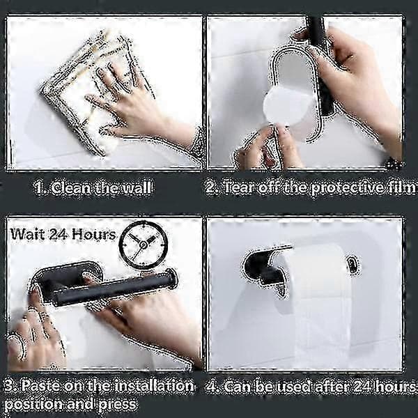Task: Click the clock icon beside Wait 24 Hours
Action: click(x=144, y=245)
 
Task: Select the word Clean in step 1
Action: click(x=70, y=188)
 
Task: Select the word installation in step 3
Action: click(x=155, y=386)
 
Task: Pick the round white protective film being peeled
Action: click(x=287, y=107)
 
